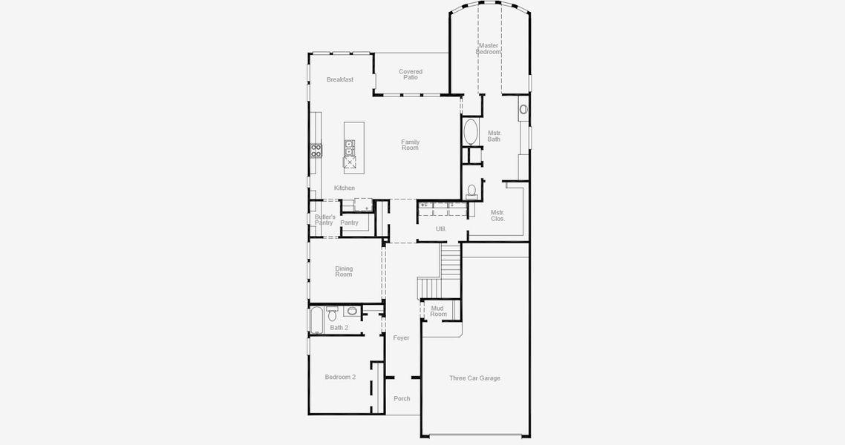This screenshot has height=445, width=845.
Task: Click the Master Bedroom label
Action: coord(488,49)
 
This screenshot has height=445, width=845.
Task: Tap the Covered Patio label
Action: coord(411,75)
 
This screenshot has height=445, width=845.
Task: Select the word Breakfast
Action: coord(340,79)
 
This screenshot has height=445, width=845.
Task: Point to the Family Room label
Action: coord(411,145)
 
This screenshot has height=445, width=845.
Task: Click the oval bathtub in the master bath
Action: coord(471,133)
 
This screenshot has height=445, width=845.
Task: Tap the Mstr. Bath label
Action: coord(495,136)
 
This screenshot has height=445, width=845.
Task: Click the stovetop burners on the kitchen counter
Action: coord(316,151)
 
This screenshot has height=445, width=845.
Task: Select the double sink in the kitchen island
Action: coord(349,148)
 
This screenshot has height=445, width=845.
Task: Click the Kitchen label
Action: coord(345,188)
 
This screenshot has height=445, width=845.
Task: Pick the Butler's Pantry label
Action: coord(324,220)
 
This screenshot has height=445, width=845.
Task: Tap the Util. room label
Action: coord(441,229)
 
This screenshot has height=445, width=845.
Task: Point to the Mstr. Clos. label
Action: coord(497,216)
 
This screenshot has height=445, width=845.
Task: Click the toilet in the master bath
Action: coord(472,191)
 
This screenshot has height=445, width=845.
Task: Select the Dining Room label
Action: coord(344,271)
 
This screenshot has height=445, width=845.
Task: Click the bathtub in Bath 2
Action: coord(316,320)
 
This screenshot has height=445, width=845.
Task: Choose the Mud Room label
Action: coord(438,311)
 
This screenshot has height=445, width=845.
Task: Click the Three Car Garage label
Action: coord(474,378)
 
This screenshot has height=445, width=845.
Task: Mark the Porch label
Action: coord(402,399)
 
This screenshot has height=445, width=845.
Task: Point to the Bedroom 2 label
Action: coord(340,377)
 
